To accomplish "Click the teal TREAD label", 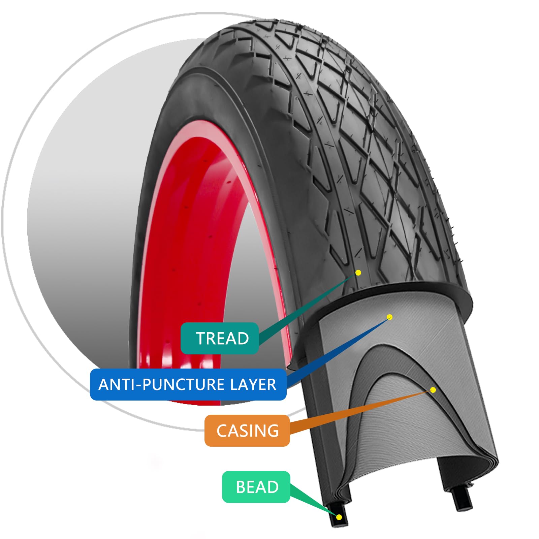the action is click(x=220, y=338).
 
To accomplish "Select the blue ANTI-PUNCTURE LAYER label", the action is click(x=188, y=384).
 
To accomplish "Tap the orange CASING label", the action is click(x=247, y=431).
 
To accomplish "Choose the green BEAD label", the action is click(x=256, y=487).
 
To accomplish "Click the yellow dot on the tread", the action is click(x=358, y=273).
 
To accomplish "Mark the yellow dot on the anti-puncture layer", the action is click(x=390, y=317).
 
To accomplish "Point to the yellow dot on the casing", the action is click(x=433, y=390).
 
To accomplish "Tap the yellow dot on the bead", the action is click(x=339, y=517).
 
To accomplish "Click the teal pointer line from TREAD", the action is click(x=303, y=310).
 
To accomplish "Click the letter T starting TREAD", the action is click(x=201, y=338).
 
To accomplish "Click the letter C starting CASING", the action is click(x=222, y=431).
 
